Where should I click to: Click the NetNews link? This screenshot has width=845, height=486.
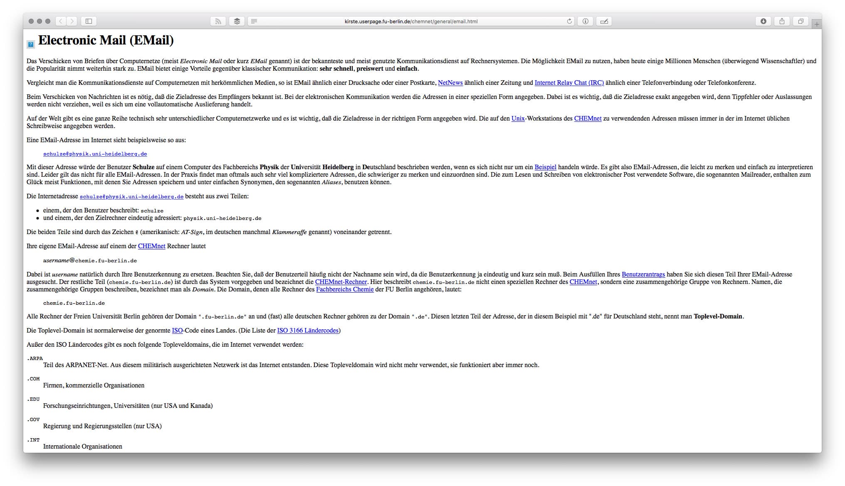[450, 83]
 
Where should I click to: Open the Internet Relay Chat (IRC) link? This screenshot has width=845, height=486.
[569, 83]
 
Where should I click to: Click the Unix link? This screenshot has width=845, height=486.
[518, 118]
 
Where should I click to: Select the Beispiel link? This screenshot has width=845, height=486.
[545, 167]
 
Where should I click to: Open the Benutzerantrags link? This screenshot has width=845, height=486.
[643, 274]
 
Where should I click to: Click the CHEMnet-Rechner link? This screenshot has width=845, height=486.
[341, 282]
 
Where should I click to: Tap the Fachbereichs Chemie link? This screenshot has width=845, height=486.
[345, 289]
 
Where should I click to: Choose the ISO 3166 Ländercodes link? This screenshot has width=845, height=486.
[308, 331]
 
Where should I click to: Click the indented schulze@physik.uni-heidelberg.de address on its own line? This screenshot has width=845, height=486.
[95, 154]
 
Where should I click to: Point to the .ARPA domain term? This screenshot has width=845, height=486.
[35, 358]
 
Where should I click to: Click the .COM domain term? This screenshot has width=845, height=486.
[33, 379]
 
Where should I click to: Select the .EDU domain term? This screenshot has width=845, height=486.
[33, 399]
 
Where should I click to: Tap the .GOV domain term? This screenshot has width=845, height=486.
[33, 419]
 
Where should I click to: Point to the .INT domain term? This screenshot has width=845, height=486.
[33, 440]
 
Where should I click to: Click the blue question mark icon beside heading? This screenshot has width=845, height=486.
[31, 44]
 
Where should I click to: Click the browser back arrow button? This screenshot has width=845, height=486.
[61, 21]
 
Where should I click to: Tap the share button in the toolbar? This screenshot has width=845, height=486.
[782, 21]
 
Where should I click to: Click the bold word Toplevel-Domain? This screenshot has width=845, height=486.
[718, 316]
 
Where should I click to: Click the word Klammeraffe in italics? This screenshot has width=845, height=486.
[289, 232]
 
